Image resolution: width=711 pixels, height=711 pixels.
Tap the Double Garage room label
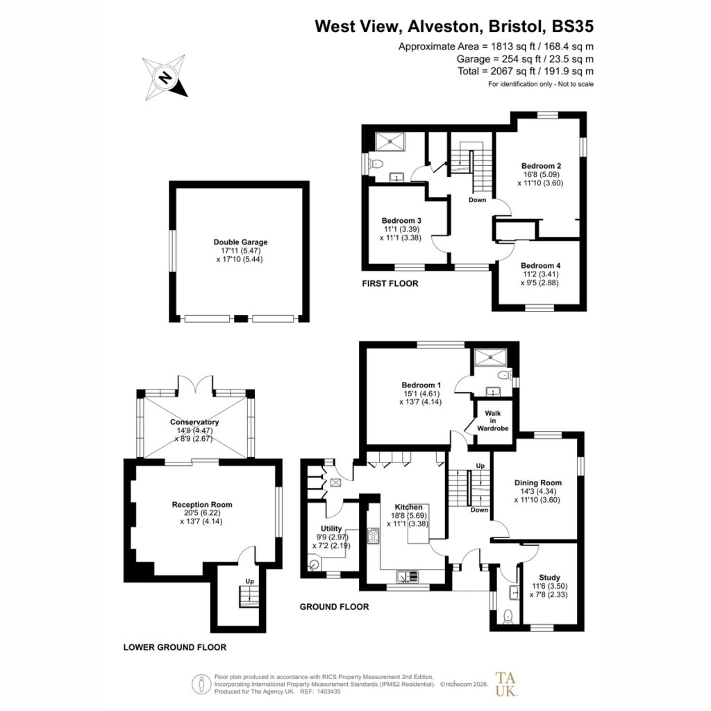click(x=240, y=242)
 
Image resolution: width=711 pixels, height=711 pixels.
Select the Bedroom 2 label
click(x=541, y=166)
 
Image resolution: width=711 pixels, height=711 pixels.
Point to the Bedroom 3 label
click(x=401, y=221)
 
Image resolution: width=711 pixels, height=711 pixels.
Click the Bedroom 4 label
click(x=540, y=266)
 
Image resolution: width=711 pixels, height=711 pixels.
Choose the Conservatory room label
click(x=194, y=422)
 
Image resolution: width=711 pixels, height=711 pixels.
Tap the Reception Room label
click(x=202, y=505)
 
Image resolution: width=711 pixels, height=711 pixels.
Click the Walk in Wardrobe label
click(x=493, y=421)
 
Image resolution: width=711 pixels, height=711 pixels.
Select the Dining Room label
click(x=538, y=483)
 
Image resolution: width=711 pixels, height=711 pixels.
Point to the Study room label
click(x=549, y=578)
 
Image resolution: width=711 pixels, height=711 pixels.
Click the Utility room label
click(x=331, y=528)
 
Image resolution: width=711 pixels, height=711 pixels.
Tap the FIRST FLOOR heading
click(x=390, y=284)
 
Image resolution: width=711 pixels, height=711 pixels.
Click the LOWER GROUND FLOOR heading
click(x=174, y=648)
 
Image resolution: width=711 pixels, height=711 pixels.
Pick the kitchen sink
click(x=408, y=577)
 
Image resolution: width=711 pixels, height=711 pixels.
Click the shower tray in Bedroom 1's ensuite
click(x=490, y=357)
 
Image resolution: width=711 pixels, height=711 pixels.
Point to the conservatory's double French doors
click(x=195, y=384)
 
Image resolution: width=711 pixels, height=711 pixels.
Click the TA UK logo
click(x=505, y=684)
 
